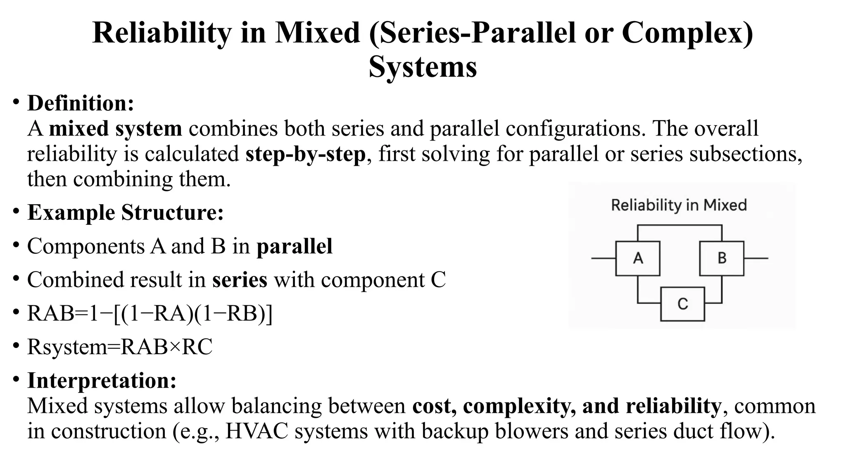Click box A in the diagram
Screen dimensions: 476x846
pyautogui.click(x=637, y=258)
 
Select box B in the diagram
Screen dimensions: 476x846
pyautogui.click(x=722, y=258)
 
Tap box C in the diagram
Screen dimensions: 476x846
pyautogui.click(x=682, y=304)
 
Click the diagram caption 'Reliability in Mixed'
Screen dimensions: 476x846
pyautogui.click(x=679, y=205)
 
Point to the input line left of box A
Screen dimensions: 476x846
pyautogui.click(x=603, y=258)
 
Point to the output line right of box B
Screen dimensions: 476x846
pyautogui.click(x=756, y=258)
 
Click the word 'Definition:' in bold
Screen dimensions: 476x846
pyautogui.click(x=81, y=103)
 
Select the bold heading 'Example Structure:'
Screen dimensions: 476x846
pyautogui.click(x=125, y=212)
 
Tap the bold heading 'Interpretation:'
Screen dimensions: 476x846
pyautogui.click(x=102, y=380)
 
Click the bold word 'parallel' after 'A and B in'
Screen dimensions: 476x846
pyautogui.click(x=294, y=246)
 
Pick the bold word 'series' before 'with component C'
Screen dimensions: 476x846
pyautogui.click(x=240, y=280)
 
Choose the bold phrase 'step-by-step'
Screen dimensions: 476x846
pyautogui.click(x=305, y=154)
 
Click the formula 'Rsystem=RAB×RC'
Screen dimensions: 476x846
pyautogui.click(x=120, y=347)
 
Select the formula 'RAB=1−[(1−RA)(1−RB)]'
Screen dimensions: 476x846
pyautogui.click(x=150, y=313)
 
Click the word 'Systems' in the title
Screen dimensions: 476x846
pyautogui.click(x=423, y=67)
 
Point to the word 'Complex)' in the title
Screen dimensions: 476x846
pyautogui.click(x=687, y=33)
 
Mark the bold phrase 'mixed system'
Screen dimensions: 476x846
pyautogui.click(x=115, y=129)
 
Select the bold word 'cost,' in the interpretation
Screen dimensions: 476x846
pyautogui.click(x=434, y=406)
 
